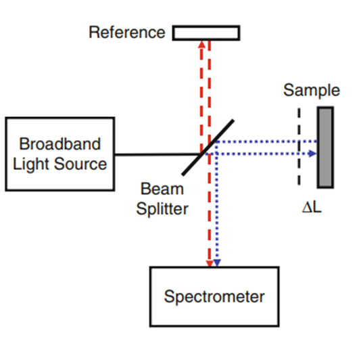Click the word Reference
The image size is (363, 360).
coord(127,32)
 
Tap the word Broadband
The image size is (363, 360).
coord(59,144)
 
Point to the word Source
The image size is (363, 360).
coord(80,164)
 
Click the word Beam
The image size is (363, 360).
coord(162,189)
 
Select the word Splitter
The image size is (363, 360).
coord(162,209)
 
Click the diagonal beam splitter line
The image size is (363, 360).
coord(208,148)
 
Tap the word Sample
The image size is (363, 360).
coord(312,91)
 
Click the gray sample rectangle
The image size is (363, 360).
coord(325,148)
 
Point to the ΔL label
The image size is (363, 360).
coord(312,207)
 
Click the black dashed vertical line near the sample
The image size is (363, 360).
coord(299,146)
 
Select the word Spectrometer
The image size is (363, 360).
coord(214,296)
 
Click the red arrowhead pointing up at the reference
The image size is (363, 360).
coord(201,45)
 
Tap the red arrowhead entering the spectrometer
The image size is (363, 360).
coord(210,263)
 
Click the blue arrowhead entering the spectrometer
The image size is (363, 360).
coord(217,263)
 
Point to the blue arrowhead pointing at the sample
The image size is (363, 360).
coord(312,154)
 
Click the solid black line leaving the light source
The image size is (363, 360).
coord(158,154)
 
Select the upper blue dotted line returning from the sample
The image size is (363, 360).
coord(266,141)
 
